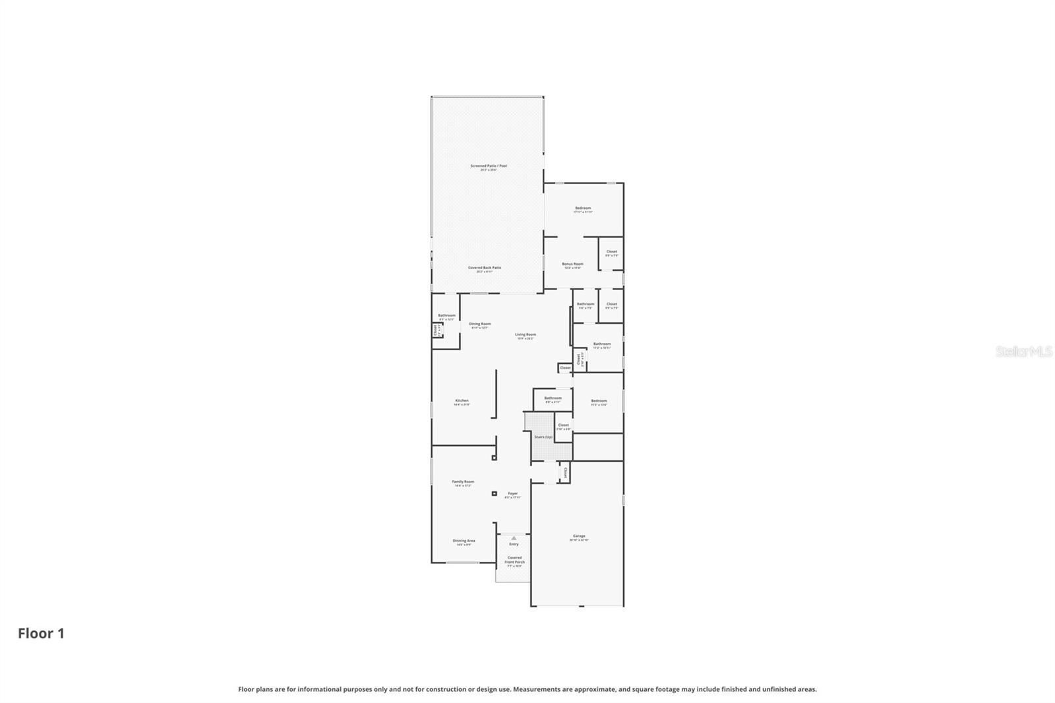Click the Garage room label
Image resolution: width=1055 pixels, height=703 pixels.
[579, 537]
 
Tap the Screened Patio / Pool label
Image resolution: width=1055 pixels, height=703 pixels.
[489, 167]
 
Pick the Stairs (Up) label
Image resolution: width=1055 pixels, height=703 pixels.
[543, 437]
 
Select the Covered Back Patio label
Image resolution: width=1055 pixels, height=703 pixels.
[485, 268]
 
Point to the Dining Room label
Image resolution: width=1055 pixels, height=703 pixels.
[479, 324]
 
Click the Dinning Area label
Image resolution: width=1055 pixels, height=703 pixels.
[464, 541]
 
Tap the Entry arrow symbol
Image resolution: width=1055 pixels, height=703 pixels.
[514, 538]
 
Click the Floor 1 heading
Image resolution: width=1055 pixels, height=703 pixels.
[41, 634]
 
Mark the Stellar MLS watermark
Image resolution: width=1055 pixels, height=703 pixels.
[1023, 352]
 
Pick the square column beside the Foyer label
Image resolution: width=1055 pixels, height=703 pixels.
[494, 493]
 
